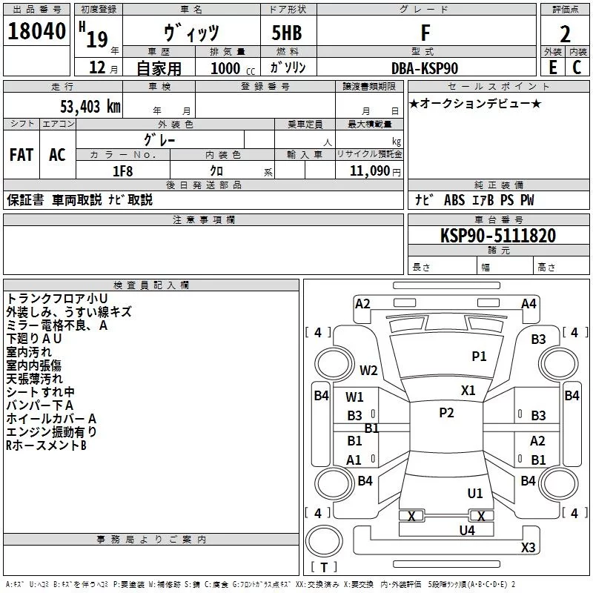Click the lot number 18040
38,33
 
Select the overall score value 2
565,34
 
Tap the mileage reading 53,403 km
82,107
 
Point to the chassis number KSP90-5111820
497,236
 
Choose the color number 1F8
122,170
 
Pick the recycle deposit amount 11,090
368,170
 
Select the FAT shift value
21,154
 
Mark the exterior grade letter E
552,67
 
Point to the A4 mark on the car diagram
529,303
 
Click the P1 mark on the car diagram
480,356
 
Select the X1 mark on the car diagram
468,390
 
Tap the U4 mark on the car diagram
467,530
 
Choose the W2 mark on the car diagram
368,371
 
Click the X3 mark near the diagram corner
528,548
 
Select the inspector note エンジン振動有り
51,431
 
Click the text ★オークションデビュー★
475,104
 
